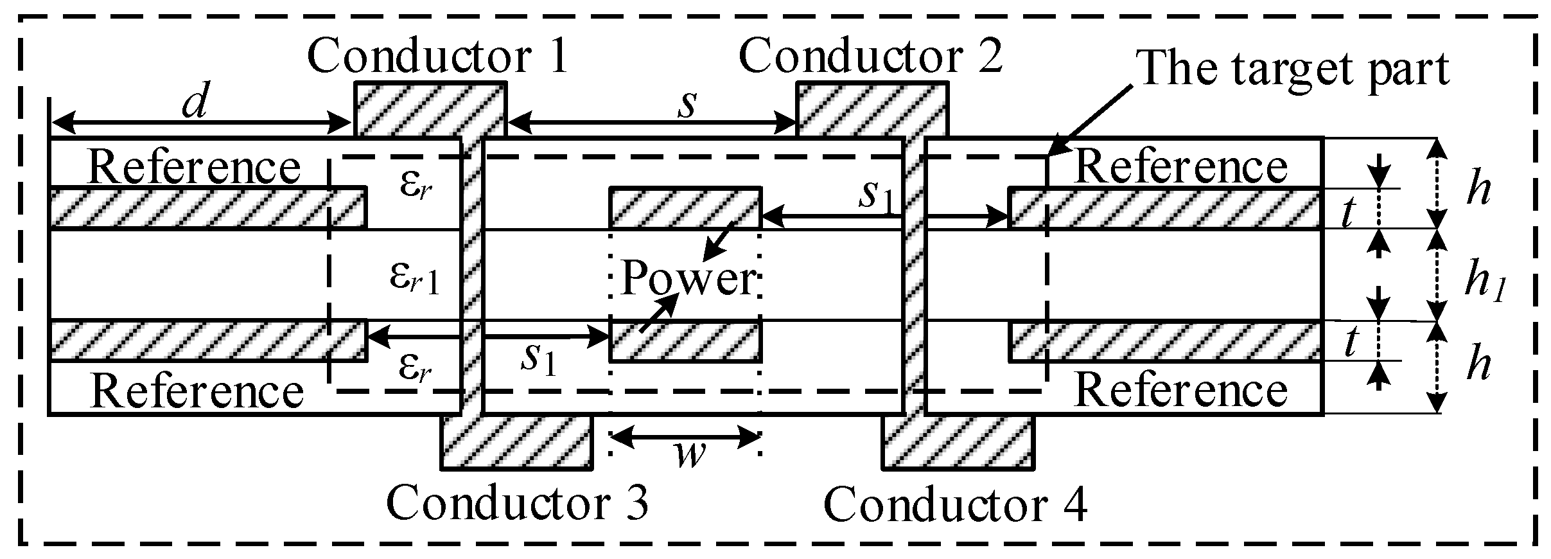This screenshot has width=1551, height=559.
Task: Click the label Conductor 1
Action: [x=438, y=57]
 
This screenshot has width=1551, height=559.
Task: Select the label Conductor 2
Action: [x=871, y=57]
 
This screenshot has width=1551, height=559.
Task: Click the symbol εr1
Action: [x=414, y=278]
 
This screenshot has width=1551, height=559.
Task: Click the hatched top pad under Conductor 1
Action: [x=430, y=109]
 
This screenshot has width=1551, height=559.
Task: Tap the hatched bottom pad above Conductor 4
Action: [x=959, y=441]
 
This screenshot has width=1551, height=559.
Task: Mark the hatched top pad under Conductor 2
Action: [x=872, y=109]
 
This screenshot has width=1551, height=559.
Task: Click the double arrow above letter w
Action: [x=685, y=437]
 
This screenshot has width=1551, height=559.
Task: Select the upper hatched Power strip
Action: [x=685, y=208]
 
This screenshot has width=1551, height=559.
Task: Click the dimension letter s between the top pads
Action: [x=687, y=105]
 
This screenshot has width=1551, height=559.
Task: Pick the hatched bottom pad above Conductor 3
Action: [x=516, y=441]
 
